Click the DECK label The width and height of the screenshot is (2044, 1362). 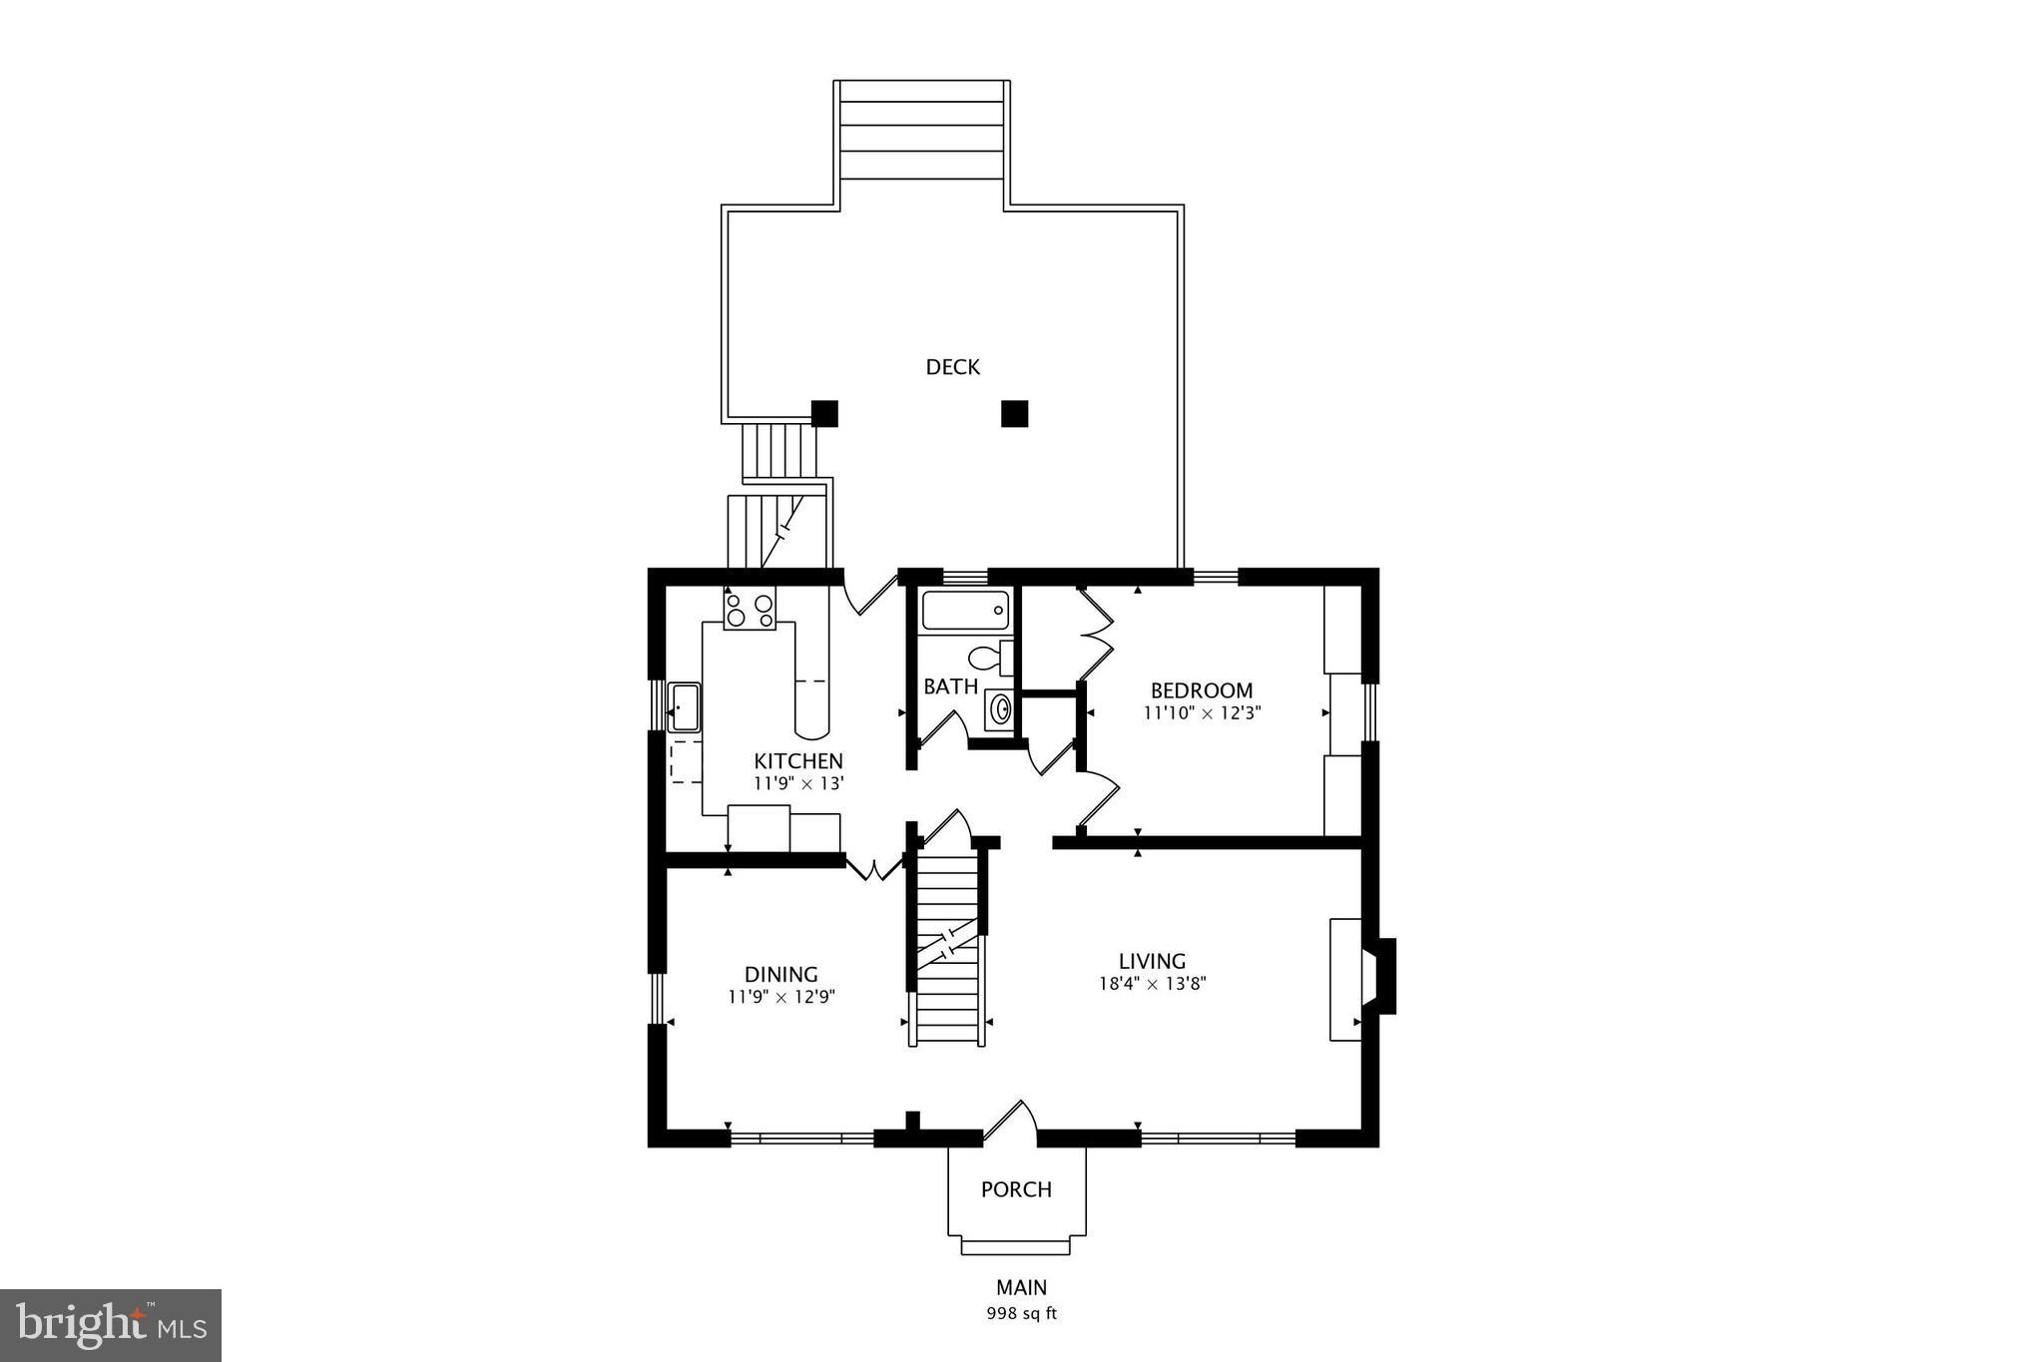point(952,367)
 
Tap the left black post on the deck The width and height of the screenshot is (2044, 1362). point(824,413)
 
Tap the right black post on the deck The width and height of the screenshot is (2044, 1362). point(1014,413)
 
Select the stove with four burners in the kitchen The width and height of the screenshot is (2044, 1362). point(750,609)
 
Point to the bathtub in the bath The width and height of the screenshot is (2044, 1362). point(965,610)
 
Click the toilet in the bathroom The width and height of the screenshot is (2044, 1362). point(988,658)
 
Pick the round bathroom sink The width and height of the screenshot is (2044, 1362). point(999,709)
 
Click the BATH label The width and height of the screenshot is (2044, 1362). point(950,686)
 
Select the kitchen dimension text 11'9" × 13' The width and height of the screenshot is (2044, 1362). point(798,783)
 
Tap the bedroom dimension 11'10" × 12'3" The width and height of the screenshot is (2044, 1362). point(1201,712)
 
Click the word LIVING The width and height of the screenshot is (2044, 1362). point(1152,961)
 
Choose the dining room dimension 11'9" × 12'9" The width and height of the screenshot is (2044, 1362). point(780,996)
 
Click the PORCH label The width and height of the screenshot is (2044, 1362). point(1016,1189)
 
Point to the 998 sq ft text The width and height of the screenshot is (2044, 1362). point(1021,1313)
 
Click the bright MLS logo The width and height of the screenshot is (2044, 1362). point(111,1325)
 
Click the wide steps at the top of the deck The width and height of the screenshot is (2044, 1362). point(921,131)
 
